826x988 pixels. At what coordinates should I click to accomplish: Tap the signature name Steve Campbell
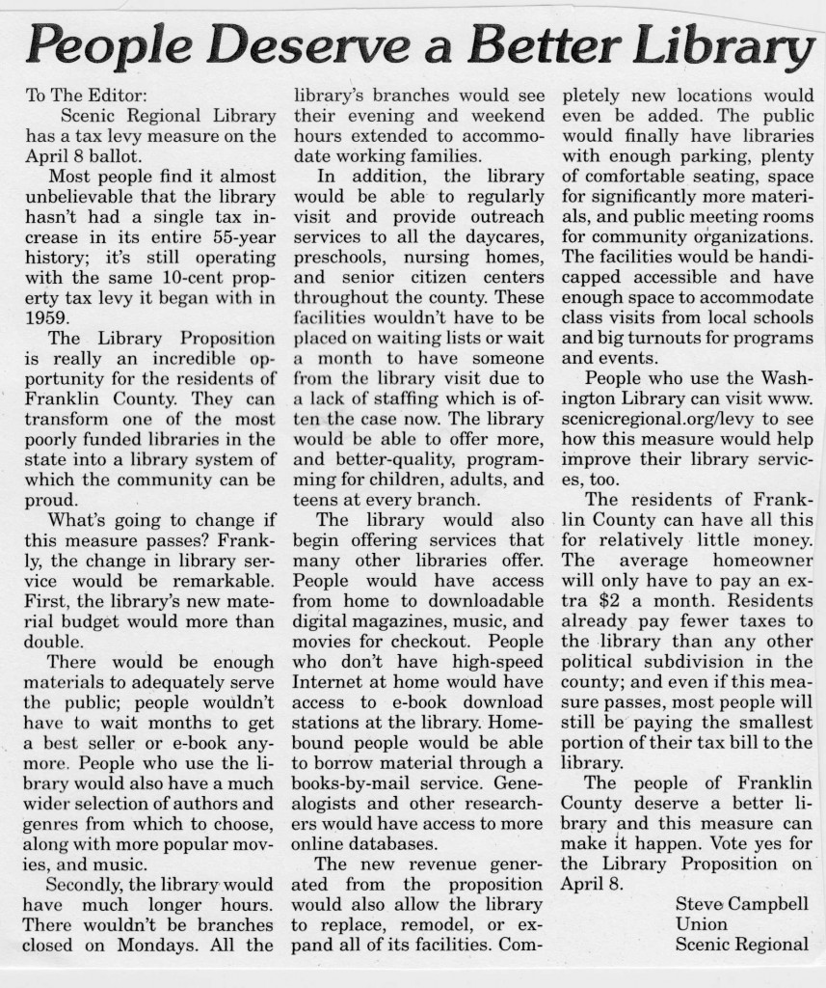coord(741,904)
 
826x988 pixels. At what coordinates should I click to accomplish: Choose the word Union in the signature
coord(701,924)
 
